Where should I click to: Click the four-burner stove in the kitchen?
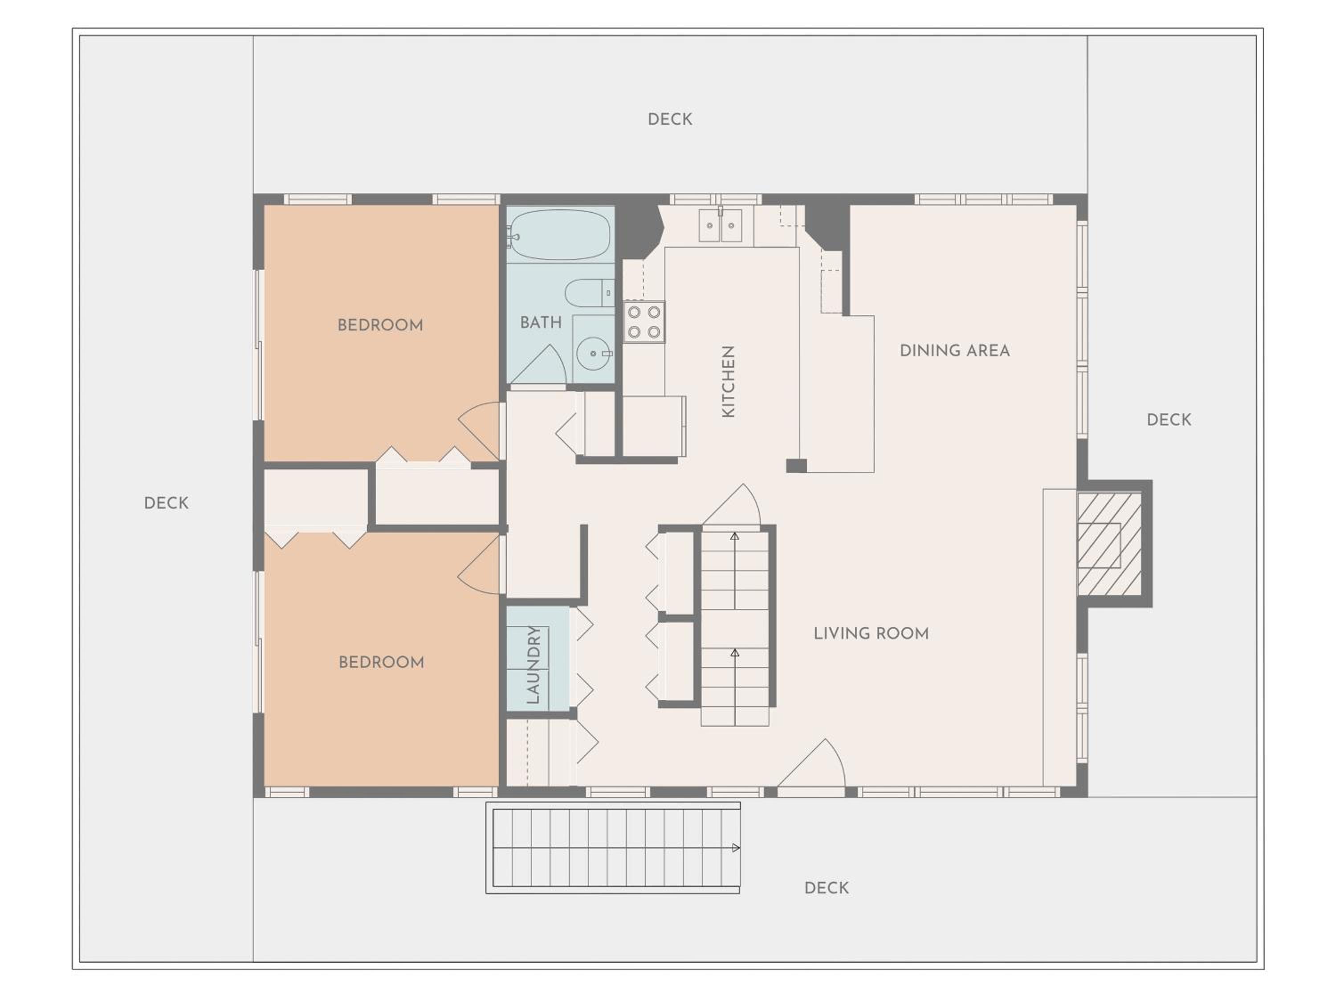644,322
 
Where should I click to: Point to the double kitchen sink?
720,225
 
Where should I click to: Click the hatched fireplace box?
1109,544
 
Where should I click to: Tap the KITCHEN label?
729,381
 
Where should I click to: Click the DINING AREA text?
954,351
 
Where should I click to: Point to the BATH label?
541,322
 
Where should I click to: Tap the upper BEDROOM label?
380,326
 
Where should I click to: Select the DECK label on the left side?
166,503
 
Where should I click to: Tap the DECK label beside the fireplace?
1169,420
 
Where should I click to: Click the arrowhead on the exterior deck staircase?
736,848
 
